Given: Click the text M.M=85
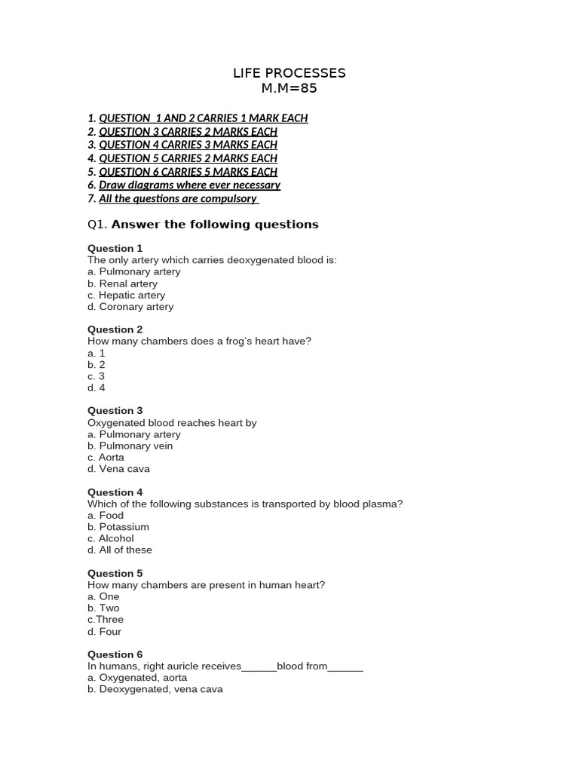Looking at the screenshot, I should click(x=289, y=88).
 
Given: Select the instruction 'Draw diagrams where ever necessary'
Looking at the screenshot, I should click(x=189, y=185).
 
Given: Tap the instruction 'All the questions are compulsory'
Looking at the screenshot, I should click(x=178, y=198).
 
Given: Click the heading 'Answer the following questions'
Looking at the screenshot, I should click(x=215, y=225).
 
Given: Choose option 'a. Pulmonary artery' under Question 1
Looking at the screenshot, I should click(x=134, y=271).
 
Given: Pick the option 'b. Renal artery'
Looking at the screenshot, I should click(x=122, y=283).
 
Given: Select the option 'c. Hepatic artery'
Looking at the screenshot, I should click(x=126, y=295).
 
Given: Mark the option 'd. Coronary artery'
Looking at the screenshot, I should click(x=130, y=307).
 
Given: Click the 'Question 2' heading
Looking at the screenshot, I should click(x=115, y=329).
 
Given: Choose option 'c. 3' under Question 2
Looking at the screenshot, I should click(x=96, y=376).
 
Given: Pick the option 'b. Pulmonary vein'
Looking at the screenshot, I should click(x=130, y=446).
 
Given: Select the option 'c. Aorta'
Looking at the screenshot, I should click(x=106, y=457).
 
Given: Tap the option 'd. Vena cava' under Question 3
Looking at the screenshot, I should click(x=118, y=469).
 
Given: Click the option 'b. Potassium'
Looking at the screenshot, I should click(x=118, y=527).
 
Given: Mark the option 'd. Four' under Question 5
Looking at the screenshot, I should click(x=104, y=631).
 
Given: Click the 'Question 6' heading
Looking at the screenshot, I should click(x=115, y=654).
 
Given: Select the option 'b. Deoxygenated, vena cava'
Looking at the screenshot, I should click(x=155, y=689).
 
